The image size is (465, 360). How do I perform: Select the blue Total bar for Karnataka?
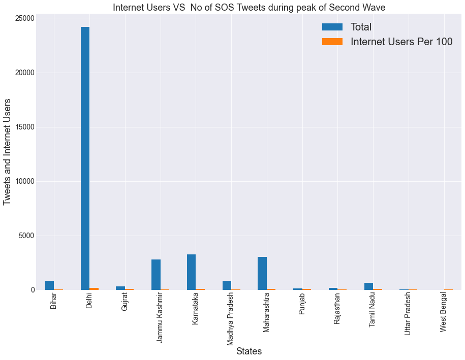pos(191,272)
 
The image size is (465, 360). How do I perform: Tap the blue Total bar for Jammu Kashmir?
pos(156,275)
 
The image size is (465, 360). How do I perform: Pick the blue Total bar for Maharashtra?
pos(262,274)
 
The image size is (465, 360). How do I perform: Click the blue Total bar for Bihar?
pos(49,285)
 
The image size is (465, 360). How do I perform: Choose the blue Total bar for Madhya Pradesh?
pos(227,285)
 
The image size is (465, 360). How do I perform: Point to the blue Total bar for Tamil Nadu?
pos(368,286)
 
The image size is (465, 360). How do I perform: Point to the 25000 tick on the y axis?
pos(24,18)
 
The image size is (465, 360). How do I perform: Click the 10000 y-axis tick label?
pos(24,181)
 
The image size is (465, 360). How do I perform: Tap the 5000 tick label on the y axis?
pos(26,236)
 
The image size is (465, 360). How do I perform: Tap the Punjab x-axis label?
pos(302,304)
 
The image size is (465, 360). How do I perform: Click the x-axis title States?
pos(249,351)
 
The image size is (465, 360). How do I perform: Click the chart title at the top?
pos(249,7)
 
